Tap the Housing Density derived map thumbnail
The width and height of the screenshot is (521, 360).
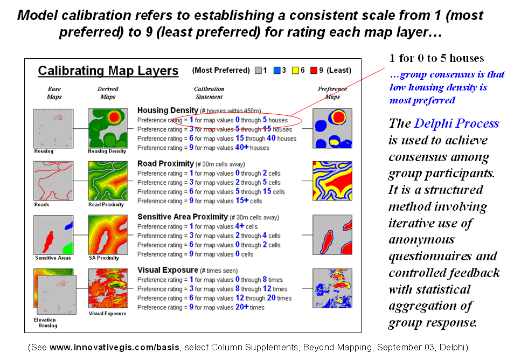tap(108, 128)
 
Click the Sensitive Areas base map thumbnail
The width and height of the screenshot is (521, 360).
tap(53, 234)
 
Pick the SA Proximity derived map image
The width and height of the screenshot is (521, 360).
tap(108, 234)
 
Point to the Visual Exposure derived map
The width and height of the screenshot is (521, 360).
tap(108, 289)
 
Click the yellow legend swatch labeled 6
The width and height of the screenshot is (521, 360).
tap(295, 71)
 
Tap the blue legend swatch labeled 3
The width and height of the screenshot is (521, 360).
tap(276, 71)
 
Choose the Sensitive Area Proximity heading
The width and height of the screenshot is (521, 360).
tap(182, 217)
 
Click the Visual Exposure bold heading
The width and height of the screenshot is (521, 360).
tap(168, 270)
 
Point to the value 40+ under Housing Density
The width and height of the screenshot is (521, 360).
tap(244, 148)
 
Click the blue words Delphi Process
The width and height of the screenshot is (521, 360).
tap(456, 123)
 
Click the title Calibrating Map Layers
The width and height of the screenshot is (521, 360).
tap(108, 71)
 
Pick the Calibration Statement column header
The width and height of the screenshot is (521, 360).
tap(209, 93)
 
